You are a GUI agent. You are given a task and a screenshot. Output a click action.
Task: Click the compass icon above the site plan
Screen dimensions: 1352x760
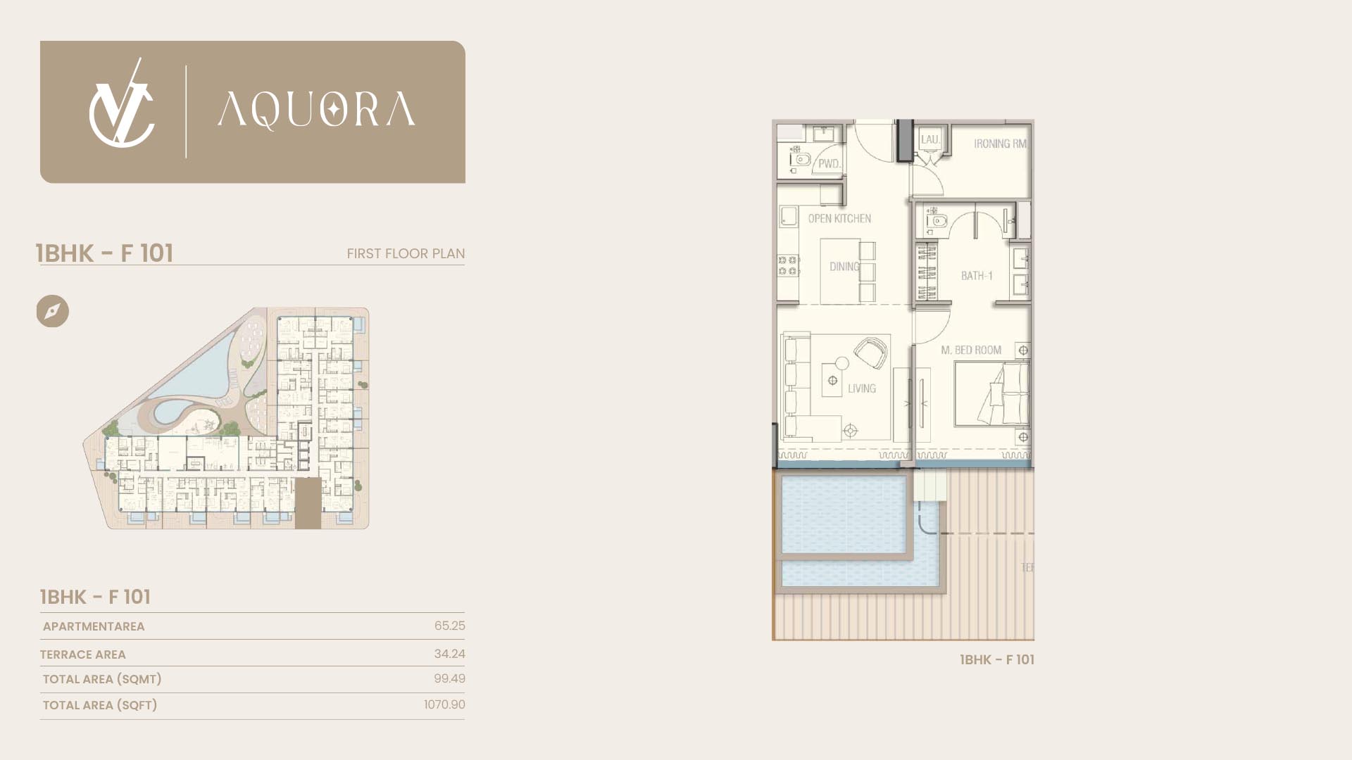point(53,311)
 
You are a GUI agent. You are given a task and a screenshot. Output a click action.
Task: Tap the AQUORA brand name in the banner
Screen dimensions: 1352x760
point(316,110)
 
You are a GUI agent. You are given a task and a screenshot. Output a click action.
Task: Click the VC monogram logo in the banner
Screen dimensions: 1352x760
point(121,105)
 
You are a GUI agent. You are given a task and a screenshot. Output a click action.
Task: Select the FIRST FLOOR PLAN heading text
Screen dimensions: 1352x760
point(406,253)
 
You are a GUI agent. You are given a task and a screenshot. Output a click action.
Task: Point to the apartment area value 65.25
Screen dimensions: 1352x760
point(449,626)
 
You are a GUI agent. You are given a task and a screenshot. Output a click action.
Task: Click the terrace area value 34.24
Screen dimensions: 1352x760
point(449,654)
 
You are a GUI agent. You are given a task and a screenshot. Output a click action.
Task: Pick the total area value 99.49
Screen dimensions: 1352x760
point(449,678)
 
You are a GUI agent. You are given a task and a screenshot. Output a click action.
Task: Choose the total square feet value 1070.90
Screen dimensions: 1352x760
point(444,704)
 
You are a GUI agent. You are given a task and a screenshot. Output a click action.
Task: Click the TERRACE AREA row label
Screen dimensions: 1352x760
point(83,654)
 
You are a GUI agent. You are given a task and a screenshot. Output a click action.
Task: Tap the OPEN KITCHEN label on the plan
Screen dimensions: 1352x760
point(839,219)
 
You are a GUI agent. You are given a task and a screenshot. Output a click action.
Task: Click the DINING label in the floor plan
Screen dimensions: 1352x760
point(844,267)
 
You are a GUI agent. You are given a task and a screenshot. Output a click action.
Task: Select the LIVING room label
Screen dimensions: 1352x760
point(862,388)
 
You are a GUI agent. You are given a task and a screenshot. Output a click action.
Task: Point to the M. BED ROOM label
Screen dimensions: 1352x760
point(971,350)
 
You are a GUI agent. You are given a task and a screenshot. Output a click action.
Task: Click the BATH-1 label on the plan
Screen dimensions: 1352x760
point(977,276)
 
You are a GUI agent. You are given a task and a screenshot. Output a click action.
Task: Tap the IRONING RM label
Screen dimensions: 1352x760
point(1000,144)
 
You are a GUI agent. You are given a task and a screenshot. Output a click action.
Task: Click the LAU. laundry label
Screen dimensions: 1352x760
point(930,139)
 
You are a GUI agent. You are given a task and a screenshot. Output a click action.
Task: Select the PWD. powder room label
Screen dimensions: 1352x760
point(830,164)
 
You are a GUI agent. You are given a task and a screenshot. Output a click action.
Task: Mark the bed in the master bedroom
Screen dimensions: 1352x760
point(992,394)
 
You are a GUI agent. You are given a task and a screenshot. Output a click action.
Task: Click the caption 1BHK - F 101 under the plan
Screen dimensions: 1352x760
point(997,659)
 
